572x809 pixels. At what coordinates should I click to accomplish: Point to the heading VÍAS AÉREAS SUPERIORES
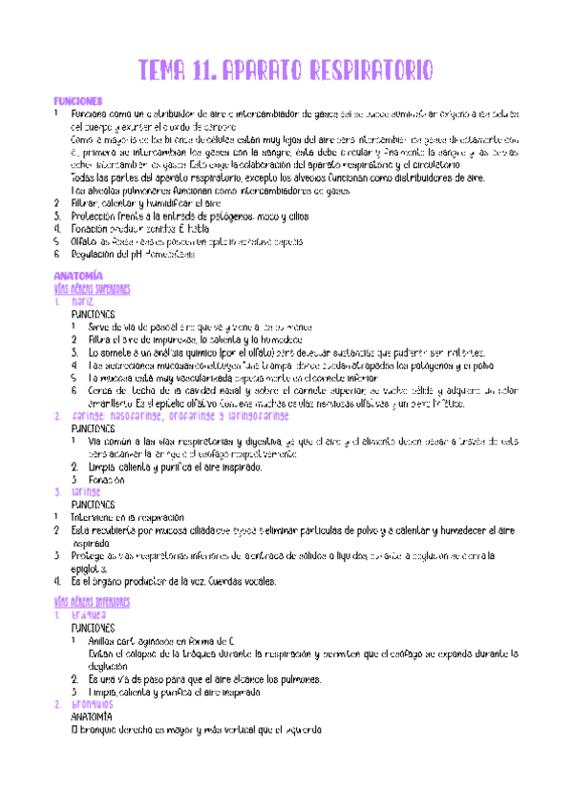click(93, 289)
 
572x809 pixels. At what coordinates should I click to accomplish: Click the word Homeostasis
click(168, 256)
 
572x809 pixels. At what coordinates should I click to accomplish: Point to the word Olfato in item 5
click(85, 243)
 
